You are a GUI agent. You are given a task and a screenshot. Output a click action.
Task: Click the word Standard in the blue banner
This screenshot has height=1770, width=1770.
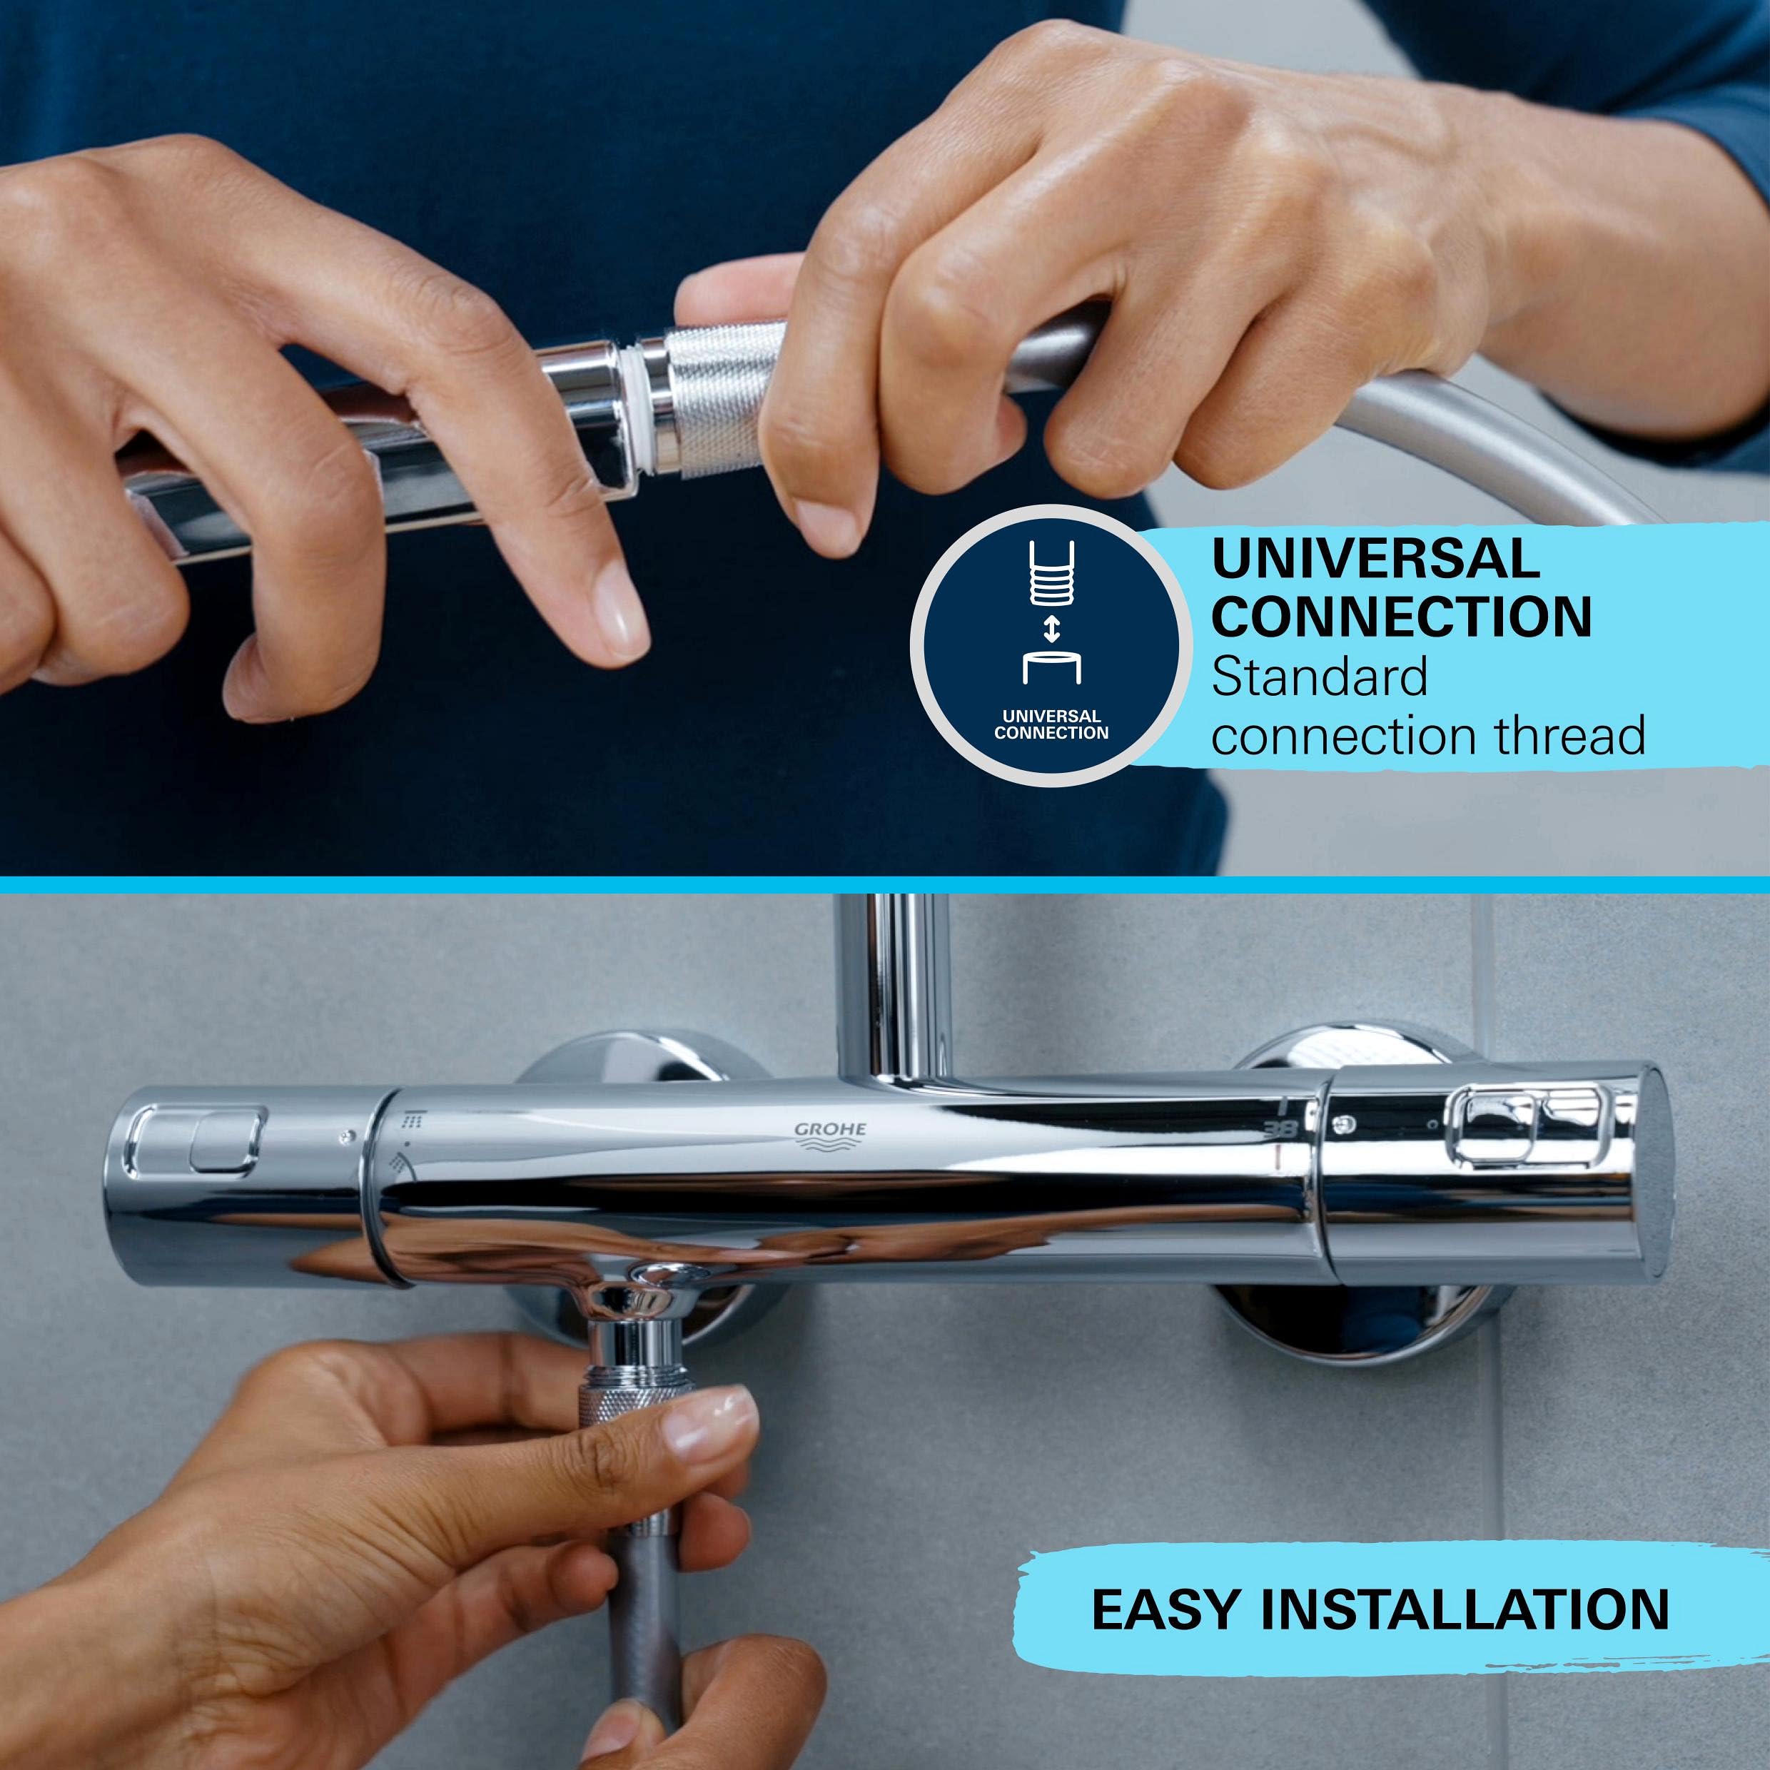[x=1319, y=677]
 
